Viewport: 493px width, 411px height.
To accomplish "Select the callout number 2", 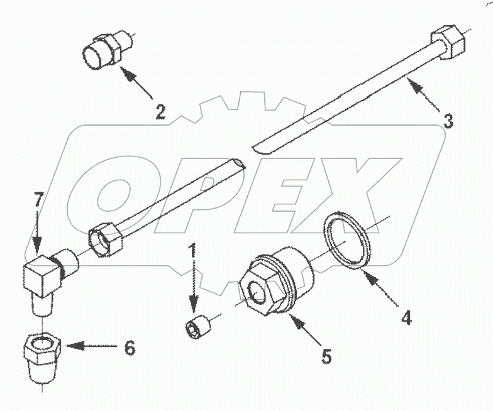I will click(161, 112).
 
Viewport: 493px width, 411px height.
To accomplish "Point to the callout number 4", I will click(406, 317).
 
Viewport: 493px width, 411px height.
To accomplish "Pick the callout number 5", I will click(326, 356).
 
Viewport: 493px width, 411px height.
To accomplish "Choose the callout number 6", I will click(129, 347).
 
